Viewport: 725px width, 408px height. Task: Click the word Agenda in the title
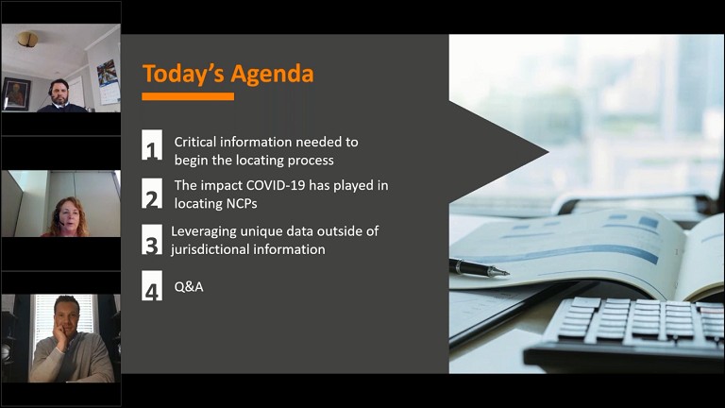[x=272, y=75]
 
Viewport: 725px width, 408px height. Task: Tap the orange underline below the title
[x=188, y=96]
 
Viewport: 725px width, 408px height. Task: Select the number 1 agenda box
[x=152, y=145]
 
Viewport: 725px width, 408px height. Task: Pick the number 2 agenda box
[x=152, y=194]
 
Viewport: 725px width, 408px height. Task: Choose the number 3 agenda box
[x=152, y=240]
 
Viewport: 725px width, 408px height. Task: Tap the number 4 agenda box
[x=152, y=285]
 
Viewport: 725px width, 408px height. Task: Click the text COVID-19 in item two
[x=276, y=185]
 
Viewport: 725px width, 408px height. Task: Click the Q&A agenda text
[x=189, y=287]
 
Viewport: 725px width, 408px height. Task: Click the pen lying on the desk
[x=479, y=268]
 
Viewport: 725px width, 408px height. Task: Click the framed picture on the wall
[x=16, y=93]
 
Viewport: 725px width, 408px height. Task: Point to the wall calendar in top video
[x=108, y=81]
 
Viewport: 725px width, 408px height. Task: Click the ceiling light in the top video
[x=27, y=39]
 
